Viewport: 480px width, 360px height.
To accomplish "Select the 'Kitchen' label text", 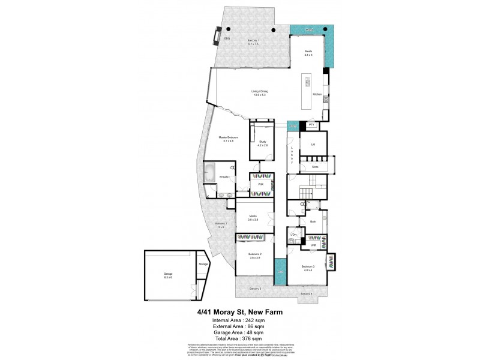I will [317, 95].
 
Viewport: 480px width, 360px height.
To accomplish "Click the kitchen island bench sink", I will [308, 84].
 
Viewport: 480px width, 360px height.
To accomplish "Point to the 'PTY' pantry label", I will [311, 125].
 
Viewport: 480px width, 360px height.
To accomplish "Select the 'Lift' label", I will [313, 144].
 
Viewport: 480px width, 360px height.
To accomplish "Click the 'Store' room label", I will [314, 166].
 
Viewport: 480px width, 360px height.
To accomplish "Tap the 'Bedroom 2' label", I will [254, 255].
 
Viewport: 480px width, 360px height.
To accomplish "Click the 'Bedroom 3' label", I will [308, 267].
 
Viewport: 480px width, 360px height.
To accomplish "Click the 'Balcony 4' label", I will [307, 293].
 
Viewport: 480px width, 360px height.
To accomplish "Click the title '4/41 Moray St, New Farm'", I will [240, 312].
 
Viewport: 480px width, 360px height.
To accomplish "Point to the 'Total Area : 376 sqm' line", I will [239, 338].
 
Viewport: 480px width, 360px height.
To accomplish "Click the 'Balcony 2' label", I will [221, 226].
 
